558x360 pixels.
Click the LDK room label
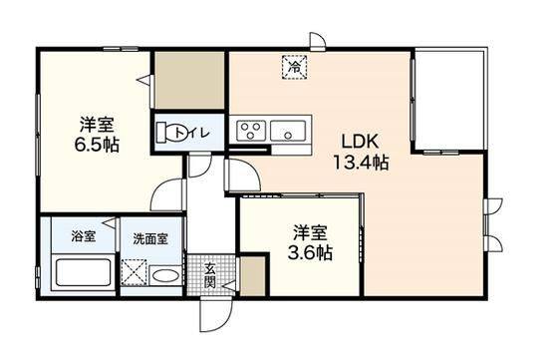[x=360, y=142]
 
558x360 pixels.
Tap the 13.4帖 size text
[x=360, y=163]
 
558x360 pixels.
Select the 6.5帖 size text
[x=97, y=145]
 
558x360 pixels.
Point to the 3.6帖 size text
[x=310, y=253]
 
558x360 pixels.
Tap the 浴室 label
[x=84, y=236]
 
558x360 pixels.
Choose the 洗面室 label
[x=150, y=238]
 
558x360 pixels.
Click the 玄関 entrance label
[x=210, y=275]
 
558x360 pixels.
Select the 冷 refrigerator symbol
[x=294, y=67]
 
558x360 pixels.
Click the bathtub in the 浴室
[x=84, y=272]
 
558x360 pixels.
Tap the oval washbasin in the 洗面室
[x=165, y=276]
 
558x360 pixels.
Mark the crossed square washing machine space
[x=134, y=272]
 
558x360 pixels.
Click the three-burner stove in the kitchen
[x=252, y=131]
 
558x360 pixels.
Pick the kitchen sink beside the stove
[x=288, y=131]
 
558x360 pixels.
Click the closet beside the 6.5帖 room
[x=189, y=80]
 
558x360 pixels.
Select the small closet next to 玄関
[x=253, y=276]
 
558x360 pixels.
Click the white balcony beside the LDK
[x=449, y=101]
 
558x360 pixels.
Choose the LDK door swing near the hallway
[x=242, y=176]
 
